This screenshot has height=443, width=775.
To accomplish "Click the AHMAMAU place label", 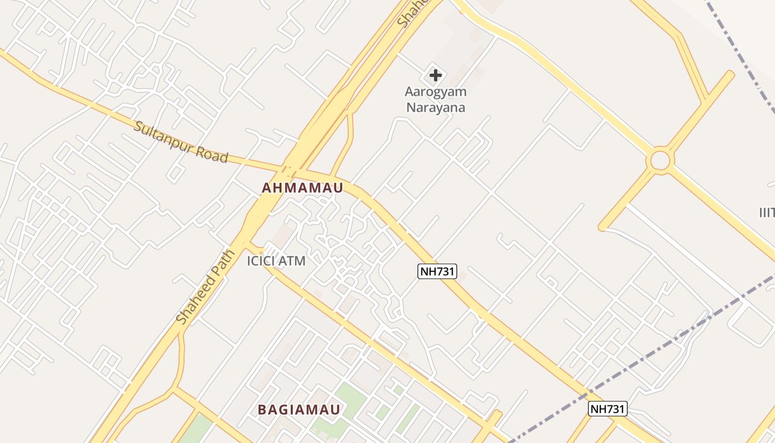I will click(302, 188).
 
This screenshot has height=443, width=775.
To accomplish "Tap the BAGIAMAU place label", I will click(299, 410).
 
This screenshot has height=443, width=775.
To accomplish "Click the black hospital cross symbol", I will click(436, 75).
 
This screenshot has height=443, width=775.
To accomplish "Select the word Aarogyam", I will click(436, 92).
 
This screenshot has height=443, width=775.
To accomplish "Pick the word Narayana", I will click(436, 107).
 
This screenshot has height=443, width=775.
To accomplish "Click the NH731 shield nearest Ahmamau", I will click(437, 271).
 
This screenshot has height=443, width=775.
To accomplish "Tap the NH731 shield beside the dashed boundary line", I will click(607, 409).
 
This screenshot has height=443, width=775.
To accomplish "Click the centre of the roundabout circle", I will click(660, 161).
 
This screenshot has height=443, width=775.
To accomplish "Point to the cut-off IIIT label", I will click(767, 212).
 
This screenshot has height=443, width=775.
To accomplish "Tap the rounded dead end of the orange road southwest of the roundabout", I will click(602, 227).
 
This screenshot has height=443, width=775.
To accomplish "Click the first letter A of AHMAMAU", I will click(266, 188).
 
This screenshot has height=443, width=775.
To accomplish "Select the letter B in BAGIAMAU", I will click(262, 410).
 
